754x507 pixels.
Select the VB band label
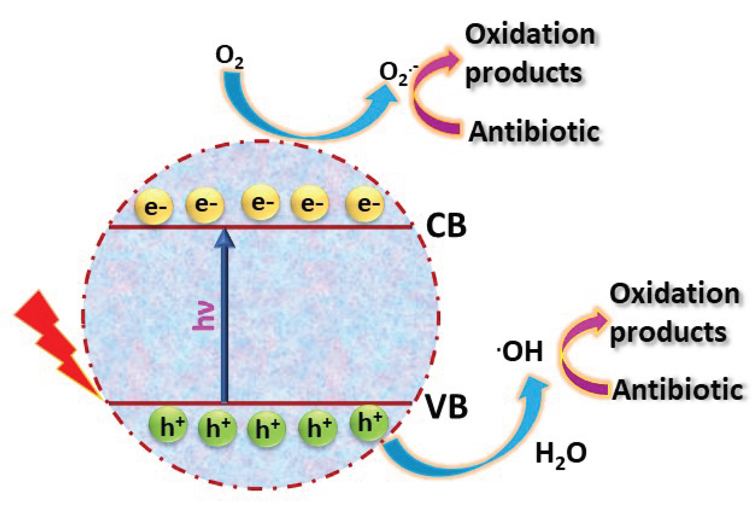[x=446, y=407]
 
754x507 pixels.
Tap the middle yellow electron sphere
[x=260, y=203]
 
